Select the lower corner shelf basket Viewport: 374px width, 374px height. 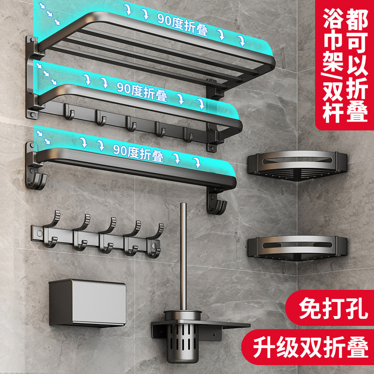298,248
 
